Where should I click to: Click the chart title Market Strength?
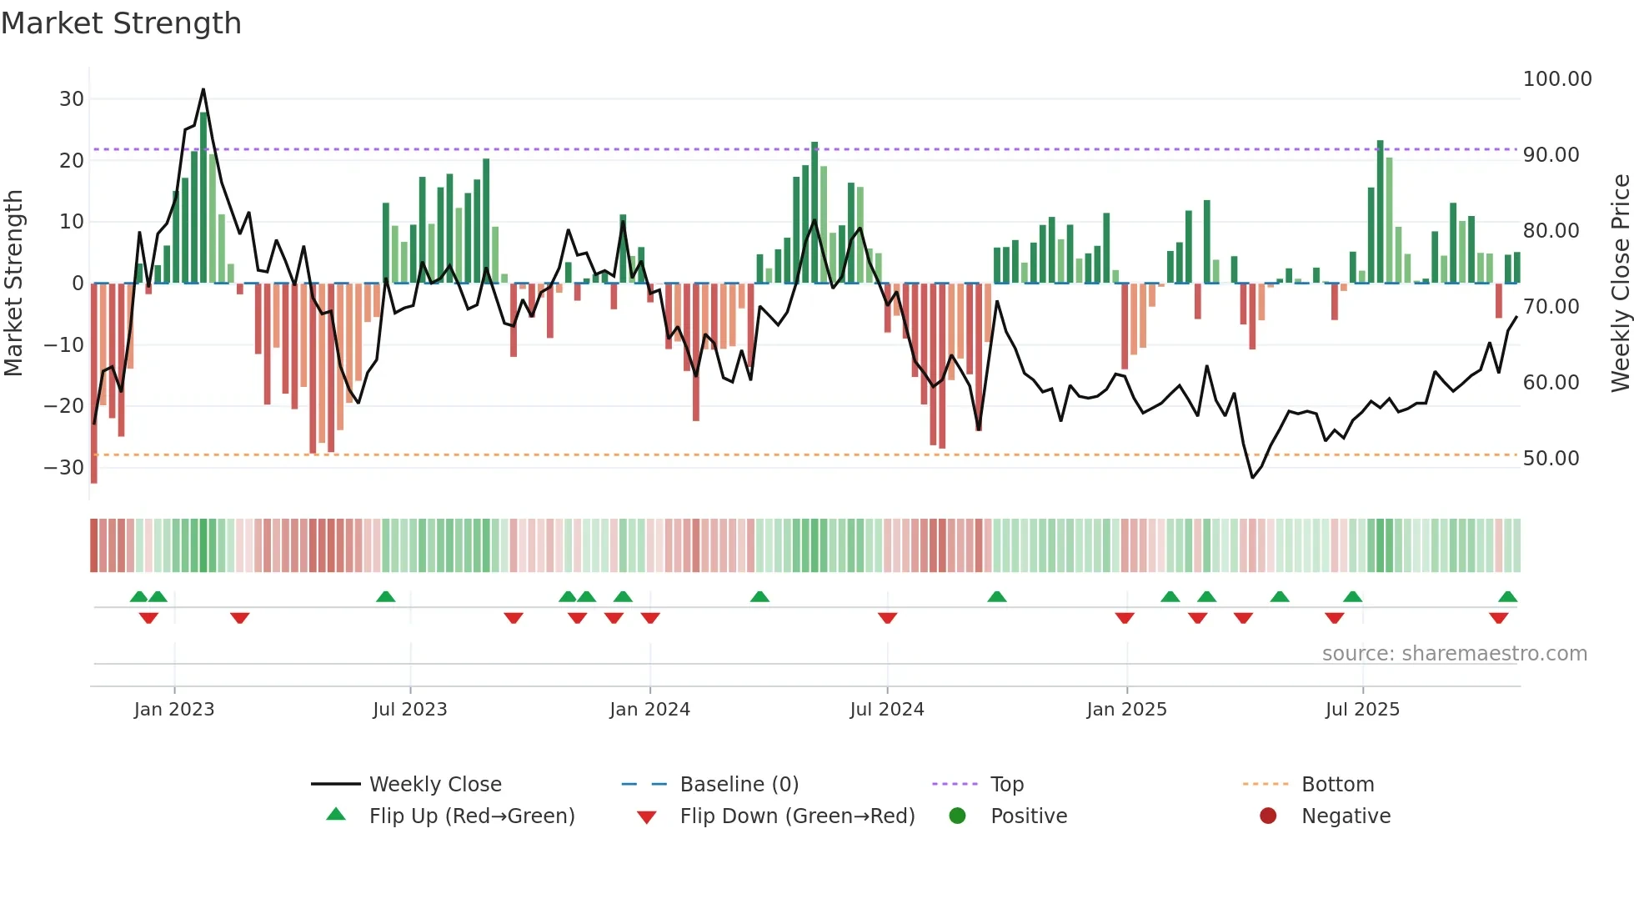[121, 23]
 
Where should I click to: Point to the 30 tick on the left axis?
[72, 99]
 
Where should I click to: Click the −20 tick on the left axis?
[64, 406]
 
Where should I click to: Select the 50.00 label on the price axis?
[1550, 459]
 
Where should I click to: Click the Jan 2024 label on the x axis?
[649, 710]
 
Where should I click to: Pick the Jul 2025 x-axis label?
[1362, 710]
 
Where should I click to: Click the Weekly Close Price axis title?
[1620, 284]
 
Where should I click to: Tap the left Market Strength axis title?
[13, 284]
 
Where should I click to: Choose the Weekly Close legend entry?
[434, 785]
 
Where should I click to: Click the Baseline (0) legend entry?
[739, 785]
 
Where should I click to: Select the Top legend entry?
[1006, 785]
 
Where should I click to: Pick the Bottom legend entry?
[1337, 785]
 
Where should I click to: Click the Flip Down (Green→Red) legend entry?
[796, 816]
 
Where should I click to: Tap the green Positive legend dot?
[957, 816]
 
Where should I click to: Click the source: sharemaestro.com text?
[1454, 654]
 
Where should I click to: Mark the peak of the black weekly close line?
[203, 89]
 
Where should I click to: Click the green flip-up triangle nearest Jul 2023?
[385, 597]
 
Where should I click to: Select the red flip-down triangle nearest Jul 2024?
[887, 618]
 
